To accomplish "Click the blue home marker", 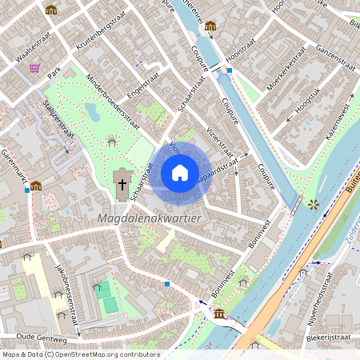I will (x=180, y=172).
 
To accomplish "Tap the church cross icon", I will (x=122, y=185).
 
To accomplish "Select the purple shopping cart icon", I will (x=34, y=69).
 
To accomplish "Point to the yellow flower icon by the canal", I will (x=313, y=204).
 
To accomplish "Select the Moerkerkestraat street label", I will (x=286, y=70).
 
